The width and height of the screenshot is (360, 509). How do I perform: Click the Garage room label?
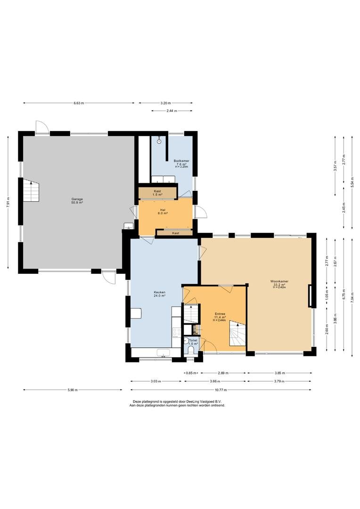pos(77,199)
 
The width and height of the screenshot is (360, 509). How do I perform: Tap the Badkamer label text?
pos(181,161)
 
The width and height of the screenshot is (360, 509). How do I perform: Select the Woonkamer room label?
pos(279,281)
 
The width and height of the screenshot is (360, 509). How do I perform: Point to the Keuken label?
pos(160,292)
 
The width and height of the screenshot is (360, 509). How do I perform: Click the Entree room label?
pos(220,314)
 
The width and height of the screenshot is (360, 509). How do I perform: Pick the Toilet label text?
pos(193,340)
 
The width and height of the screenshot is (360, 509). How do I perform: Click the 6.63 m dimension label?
pos(79,103)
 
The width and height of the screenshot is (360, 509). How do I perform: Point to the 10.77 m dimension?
pos(221,390)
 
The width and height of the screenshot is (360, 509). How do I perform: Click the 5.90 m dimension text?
pos(73,390)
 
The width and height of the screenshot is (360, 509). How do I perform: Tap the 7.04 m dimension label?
pos(352,296)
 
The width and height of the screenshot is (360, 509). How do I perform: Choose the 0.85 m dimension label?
pos(191,373)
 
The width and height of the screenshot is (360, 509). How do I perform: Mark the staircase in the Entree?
pos(238,333)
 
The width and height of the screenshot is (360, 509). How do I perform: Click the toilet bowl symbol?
pos(191,349)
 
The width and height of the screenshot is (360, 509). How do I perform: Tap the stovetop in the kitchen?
pos(177,332)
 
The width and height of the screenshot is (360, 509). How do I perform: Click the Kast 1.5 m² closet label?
pos(157,193)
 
